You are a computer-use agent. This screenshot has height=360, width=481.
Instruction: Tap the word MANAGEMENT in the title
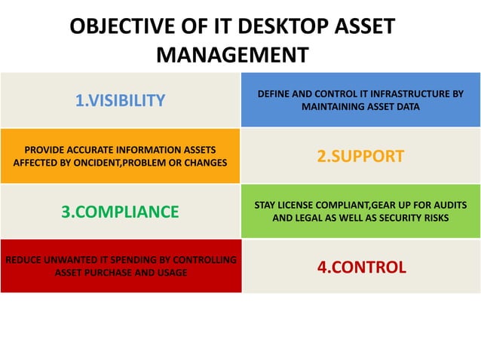pyautogui.click(x=231, y=56)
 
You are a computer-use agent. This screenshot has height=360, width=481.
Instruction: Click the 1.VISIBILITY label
pyautogui.click(x=120, y=100)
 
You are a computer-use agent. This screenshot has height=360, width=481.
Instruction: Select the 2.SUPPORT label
pyautogui.click(x=360, y=157)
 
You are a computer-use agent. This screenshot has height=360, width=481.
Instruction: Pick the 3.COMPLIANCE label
pyautogui.click(x=120, y=212)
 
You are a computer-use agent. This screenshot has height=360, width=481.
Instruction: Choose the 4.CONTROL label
pyautogui.click(x=361, y=267)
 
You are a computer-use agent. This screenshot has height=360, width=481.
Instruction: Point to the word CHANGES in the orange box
pyautogui.click(x=206, y=163)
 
